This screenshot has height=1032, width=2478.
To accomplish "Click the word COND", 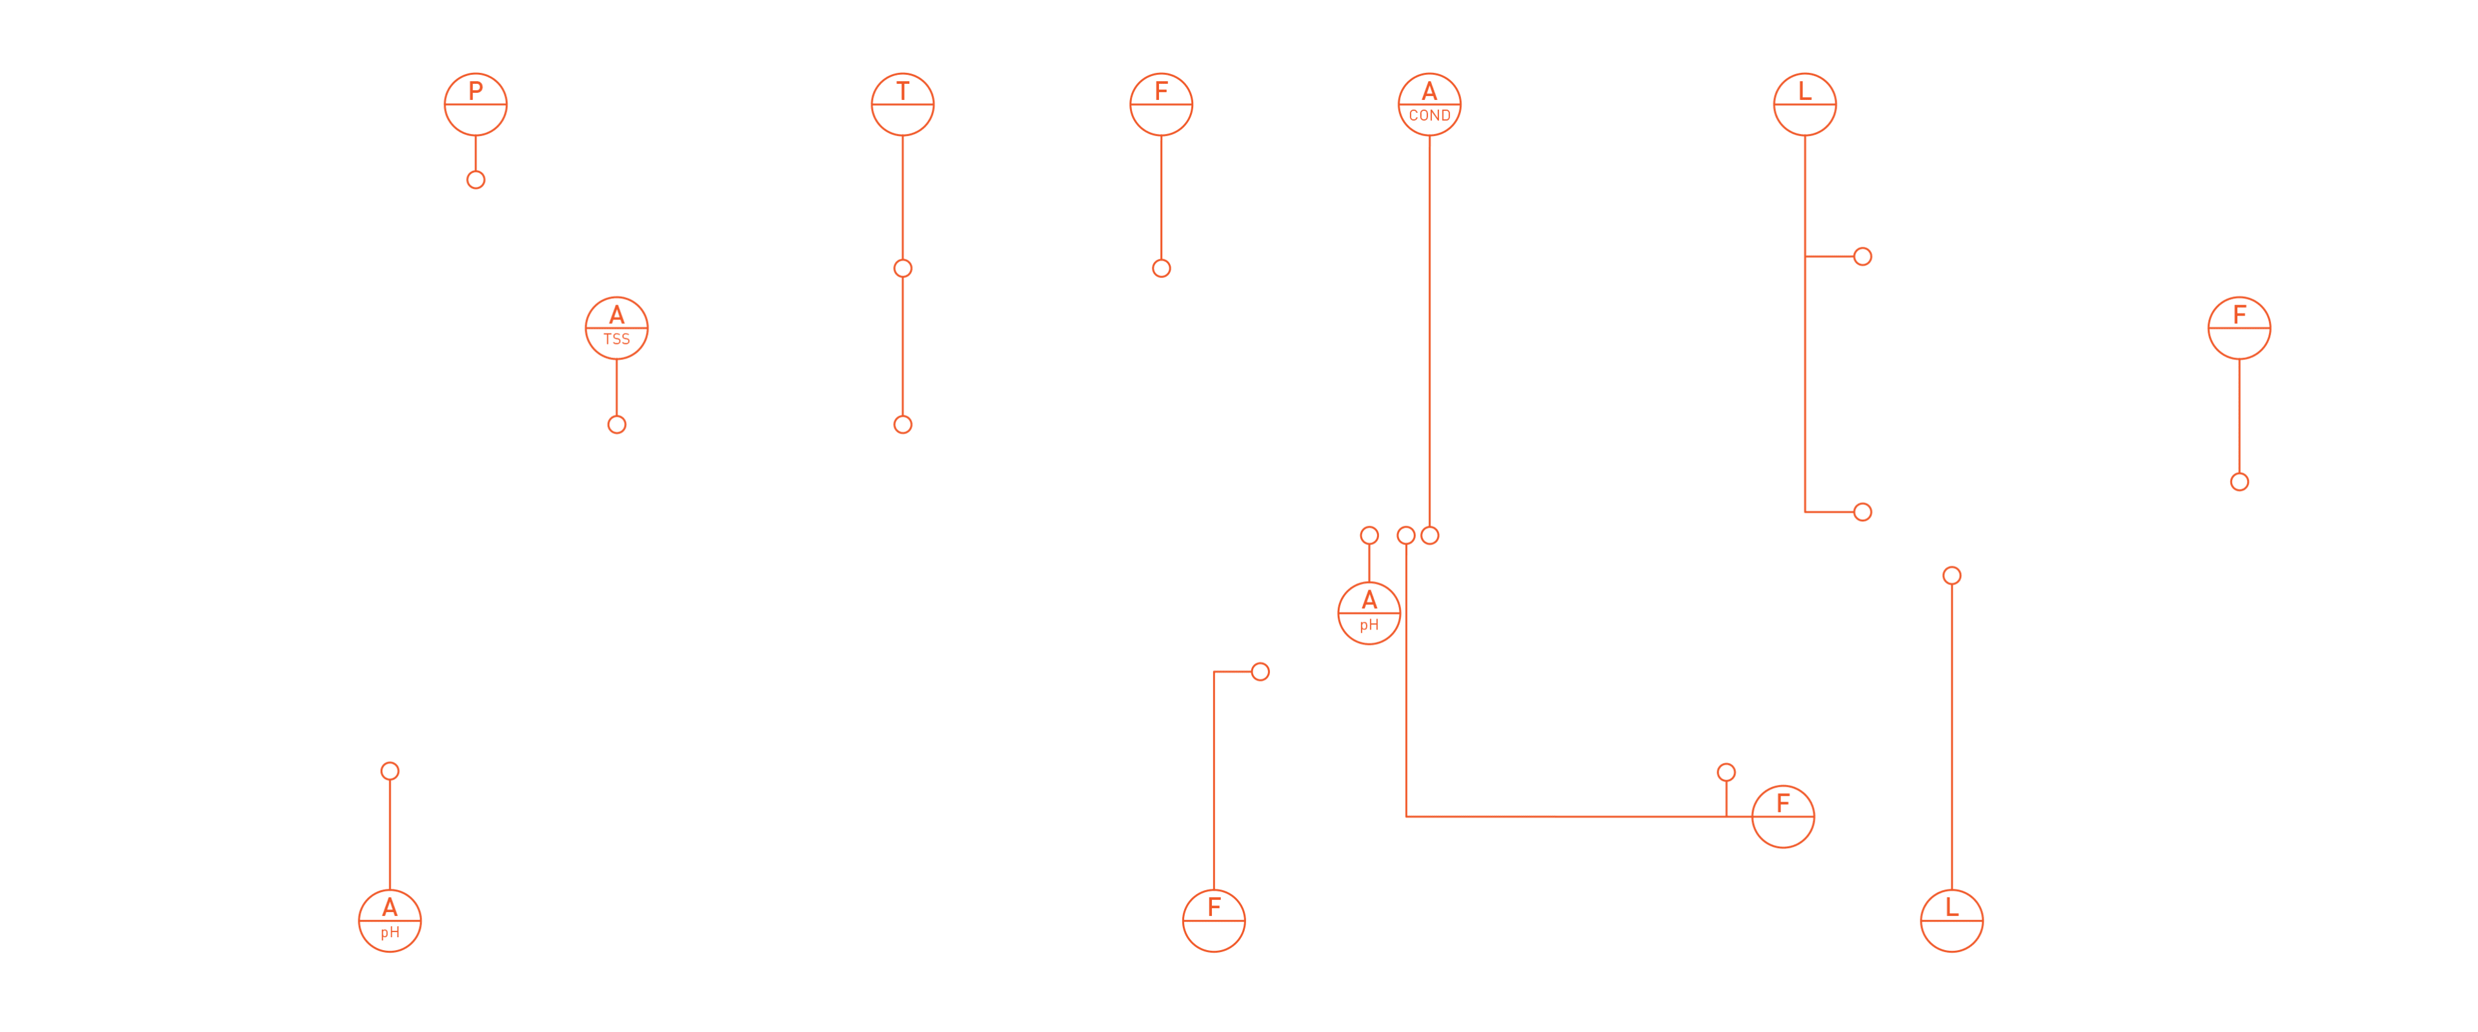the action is (1429, 115).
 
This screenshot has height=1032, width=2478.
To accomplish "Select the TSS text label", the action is (617, 339).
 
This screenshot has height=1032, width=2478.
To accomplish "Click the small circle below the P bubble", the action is (475, 180).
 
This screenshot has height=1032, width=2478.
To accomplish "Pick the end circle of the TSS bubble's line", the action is (617, 424).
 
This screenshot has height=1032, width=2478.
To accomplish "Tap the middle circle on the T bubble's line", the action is (902, 268).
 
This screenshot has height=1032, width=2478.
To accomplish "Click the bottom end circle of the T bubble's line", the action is (902, 424).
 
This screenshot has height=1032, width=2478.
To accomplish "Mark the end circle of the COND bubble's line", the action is (1429, 536).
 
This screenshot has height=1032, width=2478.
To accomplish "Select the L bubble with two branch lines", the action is (1805, 104).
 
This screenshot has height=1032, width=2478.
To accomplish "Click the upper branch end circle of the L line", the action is (1862, 257).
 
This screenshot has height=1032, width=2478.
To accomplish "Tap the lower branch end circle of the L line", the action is (1862, 511).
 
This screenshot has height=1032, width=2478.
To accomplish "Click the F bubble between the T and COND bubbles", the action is (1161, 104).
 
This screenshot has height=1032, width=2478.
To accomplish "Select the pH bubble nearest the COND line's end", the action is (1369, 613).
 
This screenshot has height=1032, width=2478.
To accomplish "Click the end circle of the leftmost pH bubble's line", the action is (390, 770).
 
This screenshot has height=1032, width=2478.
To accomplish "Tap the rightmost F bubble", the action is (2239, 328).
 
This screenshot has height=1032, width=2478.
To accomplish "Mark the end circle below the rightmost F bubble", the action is (2239, 482).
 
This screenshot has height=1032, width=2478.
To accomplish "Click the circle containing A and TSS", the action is (617, 328).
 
